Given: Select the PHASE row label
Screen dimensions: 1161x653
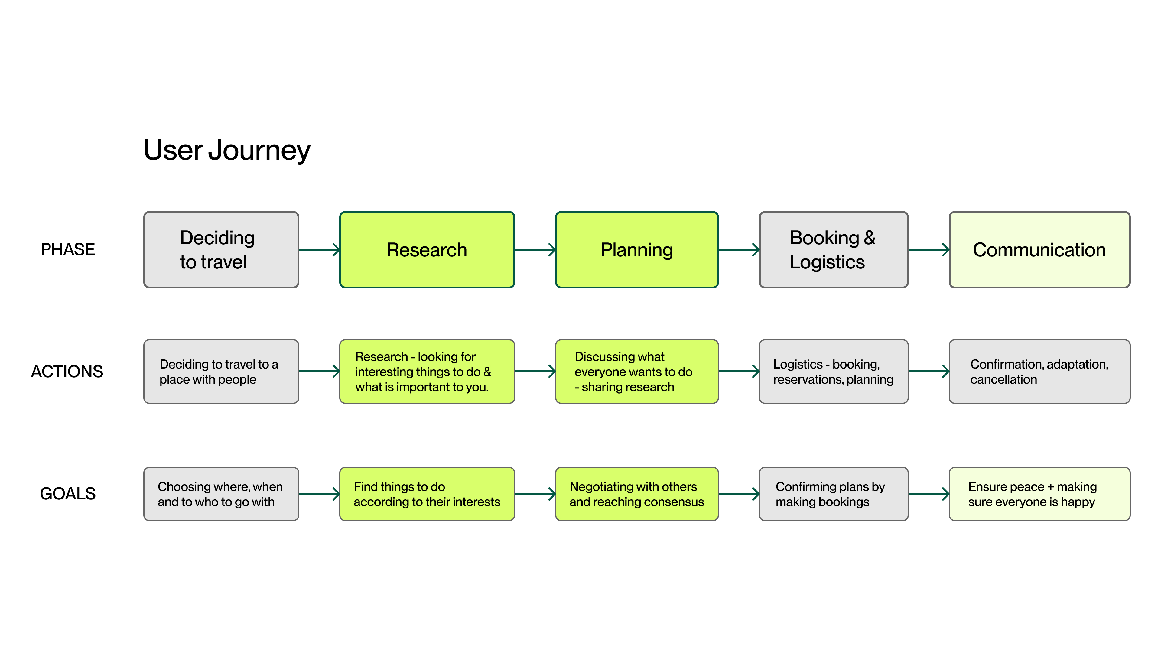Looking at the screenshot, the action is coord(68,249).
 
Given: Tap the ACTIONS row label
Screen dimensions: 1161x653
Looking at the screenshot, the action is coord(67,371).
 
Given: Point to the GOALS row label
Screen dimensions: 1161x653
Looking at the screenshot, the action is coord(68,493).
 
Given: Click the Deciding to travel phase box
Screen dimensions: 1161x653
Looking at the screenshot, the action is coord(221,250).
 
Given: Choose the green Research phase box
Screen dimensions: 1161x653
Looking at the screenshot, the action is coord(427,250).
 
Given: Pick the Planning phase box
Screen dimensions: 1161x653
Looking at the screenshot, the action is coord(636,250).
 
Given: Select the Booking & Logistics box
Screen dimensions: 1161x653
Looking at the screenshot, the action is coord(833,250).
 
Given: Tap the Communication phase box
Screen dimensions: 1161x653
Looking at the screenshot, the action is coord(1039,250).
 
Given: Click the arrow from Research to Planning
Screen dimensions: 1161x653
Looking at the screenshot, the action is coord(535,250).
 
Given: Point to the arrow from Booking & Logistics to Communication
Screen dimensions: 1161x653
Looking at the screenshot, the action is coord(929,250).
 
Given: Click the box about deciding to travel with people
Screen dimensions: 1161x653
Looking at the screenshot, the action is coord(221,371).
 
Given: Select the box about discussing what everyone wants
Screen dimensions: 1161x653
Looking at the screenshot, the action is coord(636,371).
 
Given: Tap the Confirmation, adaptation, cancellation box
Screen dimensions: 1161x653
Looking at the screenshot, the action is coord(1039,371).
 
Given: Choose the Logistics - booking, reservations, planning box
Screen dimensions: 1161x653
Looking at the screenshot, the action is coord(833,371).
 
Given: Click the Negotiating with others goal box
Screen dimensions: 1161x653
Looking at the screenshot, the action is coord(636,494).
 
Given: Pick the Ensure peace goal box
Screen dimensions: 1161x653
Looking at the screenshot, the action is coord(1039,494).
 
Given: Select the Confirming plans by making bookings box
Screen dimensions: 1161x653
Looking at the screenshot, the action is coord(833,494).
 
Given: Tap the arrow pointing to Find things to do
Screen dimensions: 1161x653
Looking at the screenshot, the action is coord(319,494).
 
